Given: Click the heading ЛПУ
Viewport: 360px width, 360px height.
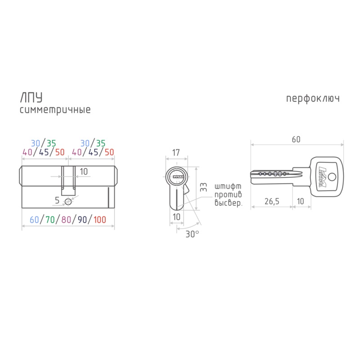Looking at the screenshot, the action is [31, 98].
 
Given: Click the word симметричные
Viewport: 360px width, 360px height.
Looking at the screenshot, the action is [55, 110].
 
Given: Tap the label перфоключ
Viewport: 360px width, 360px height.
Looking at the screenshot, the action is [313, 99].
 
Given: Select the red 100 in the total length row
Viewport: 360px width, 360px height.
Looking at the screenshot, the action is [99, 220].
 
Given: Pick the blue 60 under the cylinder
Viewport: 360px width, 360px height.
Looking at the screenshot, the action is [35, 220].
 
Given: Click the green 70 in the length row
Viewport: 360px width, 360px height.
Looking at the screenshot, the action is [50, 220].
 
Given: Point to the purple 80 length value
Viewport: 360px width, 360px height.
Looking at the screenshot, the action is [66, 220].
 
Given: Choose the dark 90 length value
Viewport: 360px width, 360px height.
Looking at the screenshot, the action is [82, 220].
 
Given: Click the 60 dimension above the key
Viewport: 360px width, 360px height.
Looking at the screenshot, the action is [296, 139].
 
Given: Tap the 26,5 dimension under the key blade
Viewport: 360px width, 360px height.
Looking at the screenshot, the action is [272, 201].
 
